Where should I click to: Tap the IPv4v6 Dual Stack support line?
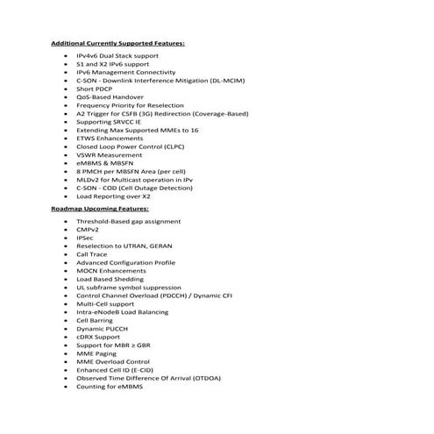[117, 54]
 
